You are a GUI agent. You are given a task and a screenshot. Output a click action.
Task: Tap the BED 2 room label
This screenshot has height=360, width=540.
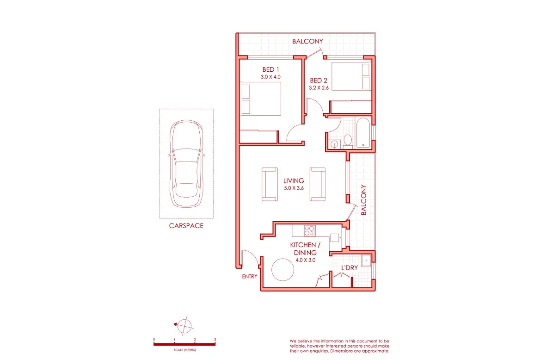coord(319,80)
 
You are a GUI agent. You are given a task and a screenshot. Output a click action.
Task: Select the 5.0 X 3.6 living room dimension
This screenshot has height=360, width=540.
coord(294,188)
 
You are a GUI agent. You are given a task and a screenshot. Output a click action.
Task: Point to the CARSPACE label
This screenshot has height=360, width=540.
coord(186,226)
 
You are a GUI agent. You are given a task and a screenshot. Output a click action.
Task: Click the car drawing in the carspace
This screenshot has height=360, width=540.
coord(186,164)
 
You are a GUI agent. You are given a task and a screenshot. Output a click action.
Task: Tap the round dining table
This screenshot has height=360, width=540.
coord(283,269)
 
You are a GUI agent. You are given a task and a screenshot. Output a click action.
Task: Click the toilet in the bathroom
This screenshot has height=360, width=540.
coord(348,140)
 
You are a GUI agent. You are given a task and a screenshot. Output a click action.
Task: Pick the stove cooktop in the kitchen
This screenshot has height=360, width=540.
coord(309,230)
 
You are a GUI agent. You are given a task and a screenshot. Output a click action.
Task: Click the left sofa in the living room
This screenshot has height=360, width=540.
coord(270,184)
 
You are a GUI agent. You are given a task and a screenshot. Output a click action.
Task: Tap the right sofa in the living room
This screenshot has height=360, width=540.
coord(318,184)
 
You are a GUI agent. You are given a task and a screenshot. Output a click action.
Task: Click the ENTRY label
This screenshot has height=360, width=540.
coord(250,277)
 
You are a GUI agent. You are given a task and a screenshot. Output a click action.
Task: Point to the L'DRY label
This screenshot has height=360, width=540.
coord(350,268)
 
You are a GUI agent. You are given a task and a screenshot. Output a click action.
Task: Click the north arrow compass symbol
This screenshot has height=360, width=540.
coord(184,326)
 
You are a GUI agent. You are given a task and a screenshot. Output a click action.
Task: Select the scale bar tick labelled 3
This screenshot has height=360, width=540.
coord(215,340)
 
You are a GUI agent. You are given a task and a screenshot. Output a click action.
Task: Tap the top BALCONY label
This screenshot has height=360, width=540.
coord(307,42)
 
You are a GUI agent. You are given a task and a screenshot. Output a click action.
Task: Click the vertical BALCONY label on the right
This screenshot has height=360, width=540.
coord(364,200)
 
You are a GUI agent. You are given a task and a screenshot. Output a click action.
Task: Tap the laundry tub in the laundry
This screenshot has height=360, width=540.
coord(367,261)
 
